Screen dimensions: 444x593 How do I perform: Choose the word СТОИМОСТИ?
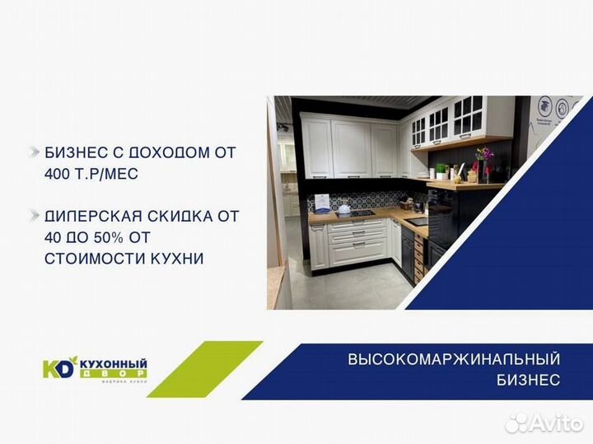click(91, 259)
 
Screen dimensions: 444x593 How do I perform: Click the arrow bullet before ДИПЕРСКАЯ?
click(34, 216)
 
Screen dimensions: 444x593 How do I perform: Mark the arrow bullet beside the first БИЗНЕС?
click(34, 152)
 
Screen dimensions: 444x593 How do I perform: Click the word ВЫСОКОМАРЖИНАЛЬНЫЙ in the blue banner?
click(454, 359)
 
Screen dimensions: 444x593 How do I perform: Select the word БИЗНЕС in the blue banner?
click(529, 380)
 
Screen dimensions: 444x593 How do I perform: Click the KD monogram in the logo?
click(58, 367)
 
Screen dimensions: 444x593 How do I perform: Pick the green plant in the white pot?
click(441, 171)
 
